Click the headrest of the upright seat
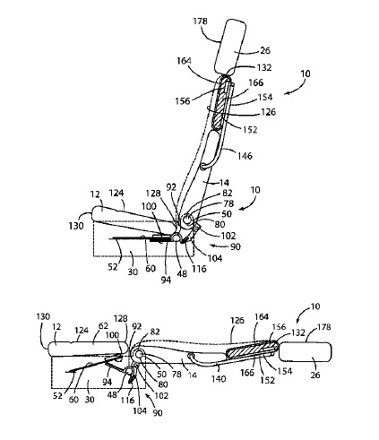pyautogui.click(x=230, y=47)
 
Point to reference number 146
pyautogui.click(x=245, y=156)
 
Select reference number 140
pyautogui.click(x=219, y=379)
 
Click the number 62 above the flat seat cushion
pyautogui.click(x=103, y=326)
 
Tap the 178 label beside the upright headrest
pyautogui.click(x=200, y=22)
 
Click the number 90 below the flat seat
pyautogui.click(x=158, y=412)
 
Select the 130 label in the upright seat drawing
pyautogui.click(x=76, y=226)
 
